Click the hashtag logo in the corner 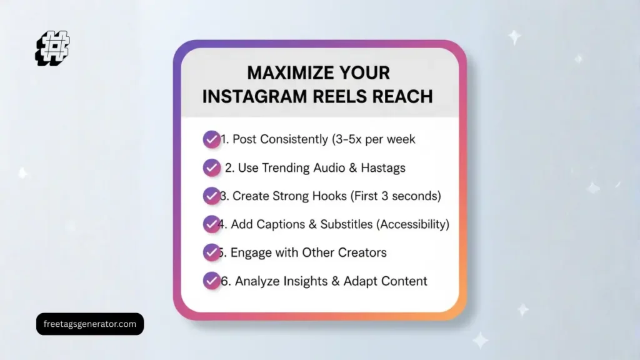coord(52,47)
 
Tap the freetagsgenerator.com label coord(90,324)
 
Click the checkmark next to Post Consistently coord(211,139)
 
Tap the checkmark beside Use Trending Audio coord(211,167)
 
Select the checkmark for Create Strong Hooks coord(211,196)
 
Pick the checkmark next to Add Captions coord(211,224)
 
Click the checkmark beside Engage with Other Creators coord(211,252)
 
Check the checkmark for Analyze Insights coord(211,281)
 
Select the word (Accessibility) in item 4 coord(409,224)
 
